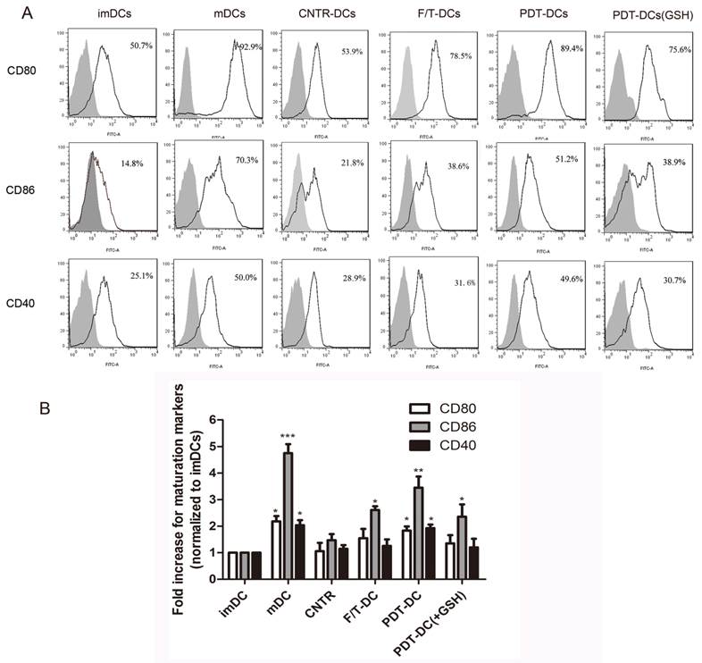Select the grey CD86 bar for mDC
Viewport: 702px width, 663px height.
click(x=288, y=517)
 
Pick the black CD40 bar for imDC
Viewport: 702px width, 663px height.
click(x=257, y=566)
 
